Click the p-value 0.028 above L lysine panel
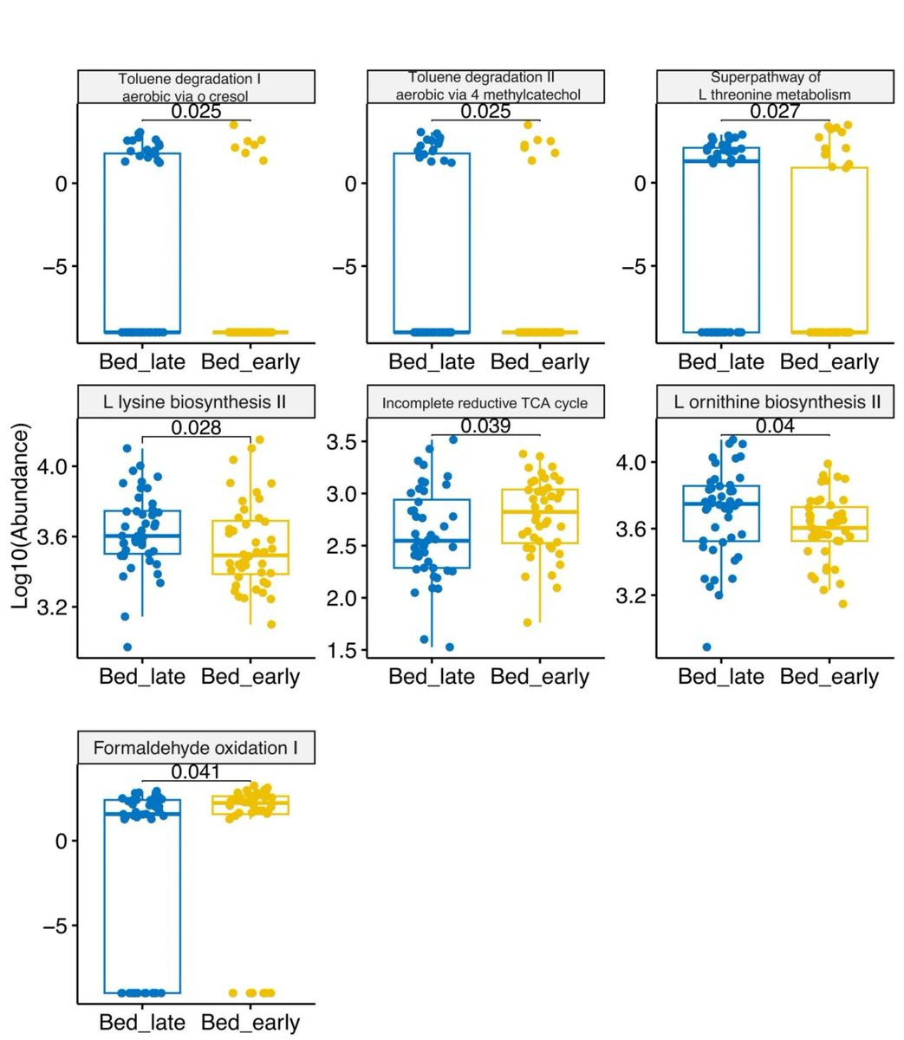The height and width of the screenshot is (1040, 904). [x=196, y=427]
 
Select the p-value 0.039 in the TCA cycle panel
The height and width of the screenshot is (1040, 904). [x=485, y=426]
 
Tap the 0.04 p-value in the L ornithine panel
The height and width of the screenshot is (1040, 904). [x=775, y=426]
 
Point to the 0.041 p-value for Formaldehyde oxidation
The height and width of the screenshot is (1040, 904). [x=196, y=772]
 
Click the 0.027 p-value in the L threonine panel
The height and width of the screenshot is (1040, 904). [x=775, y=111]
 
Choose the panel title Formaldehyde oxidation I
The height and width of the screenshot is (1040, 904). [x=196, y=747]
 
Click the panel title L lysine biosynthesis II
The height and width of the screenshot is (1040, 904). [x=196, y=402]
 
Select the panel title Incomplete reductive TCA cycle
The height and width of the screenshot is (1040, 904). [x=485, y=403]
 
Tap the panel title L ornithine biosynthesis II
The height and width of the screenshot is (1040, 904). [x=775, y=402]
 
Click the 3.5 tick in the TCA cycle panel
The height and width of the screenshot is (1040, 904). [x=341, y=442]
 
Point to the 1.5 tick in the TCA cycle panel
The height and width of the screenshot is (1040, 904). [x=341, y=651]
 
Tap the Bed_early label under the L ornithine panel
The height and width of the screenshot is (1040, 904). [x=829, y=677]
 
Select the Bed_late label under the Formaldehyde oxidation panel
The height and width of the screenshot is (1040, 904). [x=142, y=1023]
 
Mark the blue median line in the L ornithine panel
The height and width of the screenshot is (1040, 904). [x=721, y=504]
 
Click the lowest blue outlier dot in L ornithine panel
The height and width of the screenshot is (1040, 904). [x=707, y=647]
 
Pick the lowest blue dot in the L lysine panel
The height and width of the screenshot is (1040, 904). [x=127, y=647]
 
